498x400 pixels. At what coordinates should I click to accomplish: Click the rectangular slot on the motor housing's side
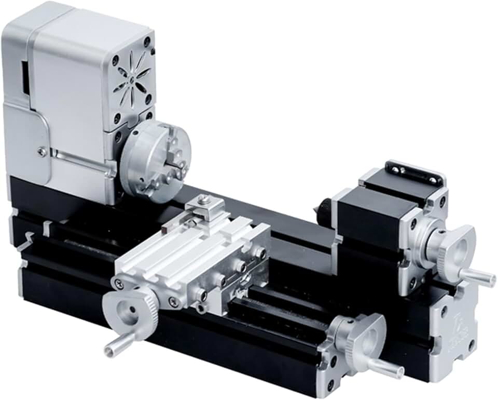tap(24, 78)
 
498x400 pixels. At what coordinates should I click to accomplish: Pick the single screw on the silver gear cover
tap(42, 151)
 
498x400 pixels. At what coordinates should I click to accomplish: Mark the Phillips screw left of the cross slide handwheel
tap(120, 283)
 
